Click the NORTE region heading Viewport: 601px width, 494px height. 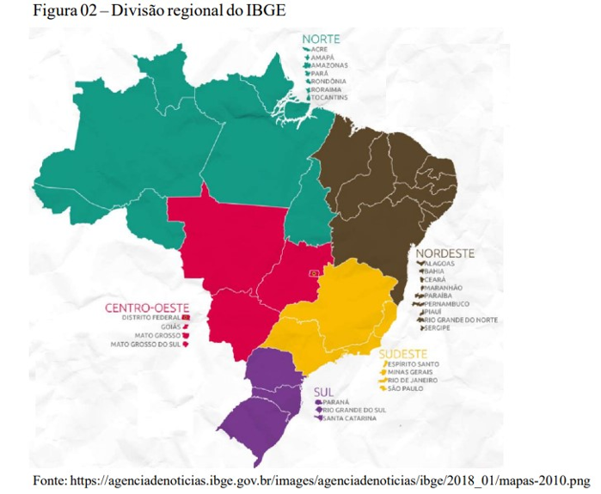(320, 39)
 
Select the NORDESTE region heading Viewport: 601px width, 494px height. (445, 253)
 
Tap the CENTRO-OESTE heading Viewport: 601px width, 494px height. (146, 308)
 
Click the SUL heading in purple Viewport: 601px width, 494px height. (323, 391)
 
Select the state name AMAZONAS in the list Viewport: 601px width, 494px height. (329, 65)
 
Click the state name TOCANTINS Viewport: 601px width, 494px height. (330, 98)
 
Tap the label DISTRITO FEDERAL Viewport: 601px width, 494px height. (151, 318)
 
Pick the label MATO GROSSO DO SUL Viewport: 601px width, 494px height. (145, 345)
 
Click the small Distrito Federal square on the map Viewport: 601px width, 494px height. (315, 272)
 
